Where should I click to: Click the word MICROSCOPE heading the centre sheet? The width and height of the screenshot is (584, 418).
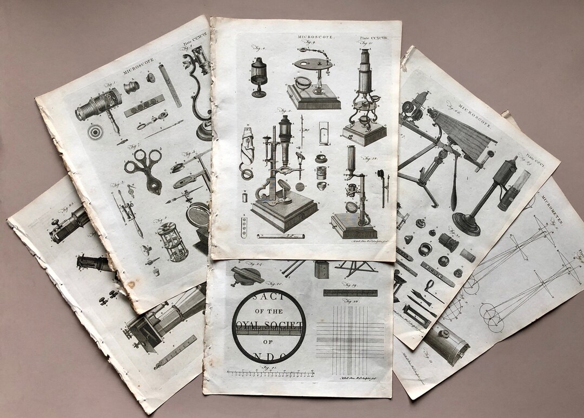click(316, 37)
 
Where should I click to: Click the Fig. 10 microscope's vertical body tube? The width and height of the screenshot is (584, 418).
click(365, 76)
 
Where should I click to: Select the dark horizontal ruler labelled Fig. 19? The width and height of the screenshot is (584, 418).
click(350, 293)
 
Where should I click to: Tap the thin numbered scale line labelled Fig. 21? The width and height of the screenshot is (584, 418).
click(270, 373)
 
